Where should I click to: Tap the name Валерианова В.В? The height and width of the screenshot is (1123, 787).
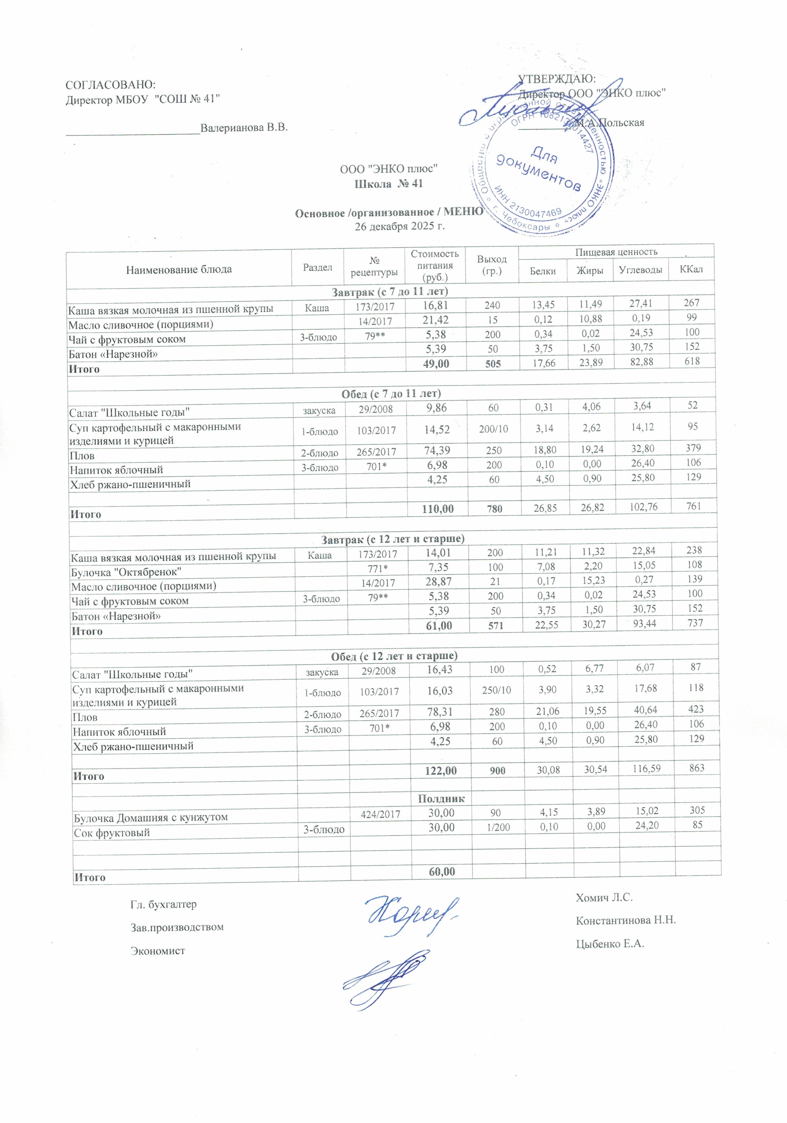pyautogui.click(x=244, y=128)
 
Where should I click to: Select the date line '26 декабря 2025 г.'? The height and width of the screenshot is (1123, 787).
pyautogui.click(x=399, y=226)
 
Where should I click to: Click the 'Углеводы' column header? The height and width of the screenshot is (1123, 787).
pyautogui.click(x=640, y=270)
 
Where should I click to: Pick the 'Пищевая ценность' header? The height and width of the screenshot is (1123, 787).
pyautogui.click(x=616, y=252)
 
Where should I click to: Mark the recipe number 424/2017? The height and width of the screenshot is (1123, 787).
pyautogui.click(x=380, y=814)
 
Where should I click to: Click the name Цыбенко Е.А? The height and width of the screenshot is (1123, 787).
pyautogui.click(x=610, y=944)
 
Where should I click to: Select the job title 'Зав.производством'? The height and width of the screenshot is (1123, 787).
pyautogui.click(x=177, y=927)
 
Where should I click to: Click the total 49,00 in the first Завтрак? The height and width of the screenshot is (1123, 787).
pyautogui.click(x=436, y=363)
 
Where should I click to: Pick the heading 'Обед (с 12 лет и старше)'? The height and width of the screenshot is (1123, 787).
pyautogui.click(x=394, y=655)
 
